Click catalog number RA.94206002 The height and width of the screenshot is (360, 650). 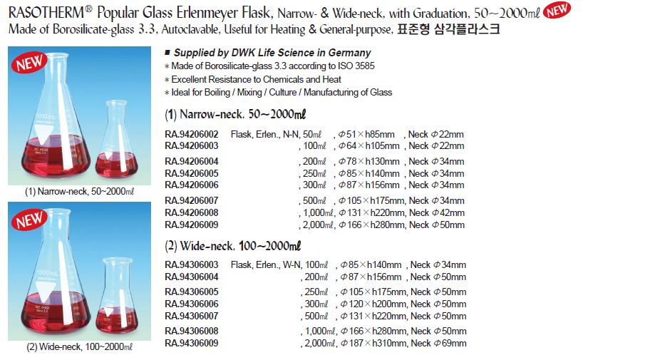pyautogui.click(x=192, y=134)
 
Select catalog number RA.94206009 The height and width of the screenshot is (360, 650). pyautogui.click(x=192, y=225)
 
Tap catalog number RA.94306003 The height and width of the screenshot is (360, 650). pyautogui.click(x=192, y=264)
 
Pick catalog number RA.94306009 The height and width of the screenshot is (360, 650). pyautogui.click(x=192, y=343)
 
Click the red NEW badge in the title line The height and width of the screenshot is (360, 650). pyautogui.click(x=557, y=10)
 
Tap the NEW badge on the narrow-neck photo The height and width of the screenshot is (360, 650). pyautogui.click(x=29, y=63)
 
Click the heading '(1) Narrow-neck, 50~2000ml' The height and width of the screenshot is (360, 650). pyautogui.click(x=235, y=113)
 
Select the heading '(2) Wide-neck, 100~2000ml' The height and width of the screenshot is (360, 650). pyautogui.click(x=232, y=246)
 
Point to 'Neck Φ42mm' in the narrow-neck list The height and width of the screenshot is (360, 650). pyautogui.click(x=436, y=212)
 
